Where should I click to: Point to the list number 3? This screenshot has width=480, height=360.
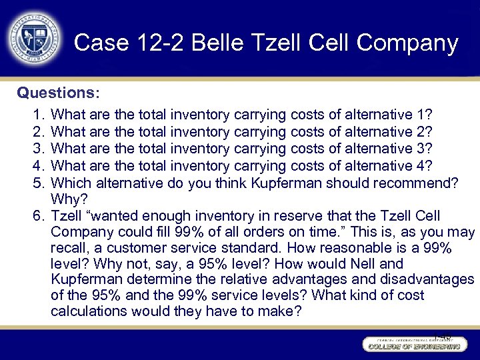pos(37,148)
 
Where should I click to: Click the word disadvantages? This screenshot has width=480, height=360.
pos(427,279)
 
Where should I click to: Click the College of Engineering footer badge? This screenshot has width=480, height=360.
pos(413,345)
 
